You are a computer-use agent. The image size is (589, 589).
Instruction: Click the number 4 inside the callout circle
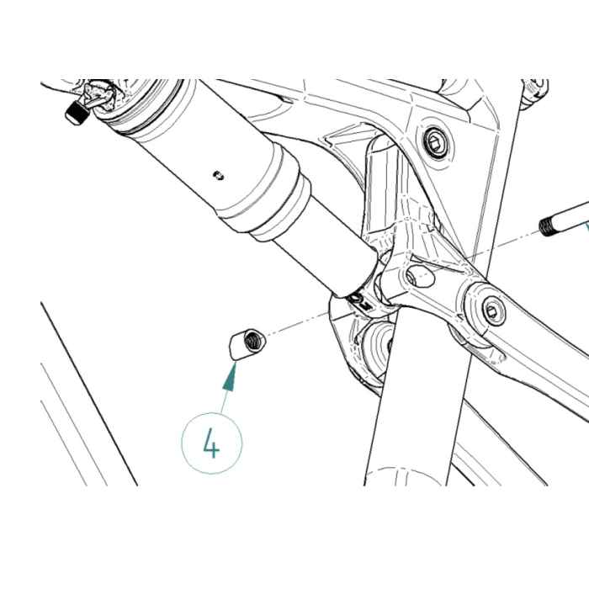coord(211,443)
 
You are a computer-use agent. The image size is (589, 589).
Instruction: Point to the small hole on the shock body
coord(218,175)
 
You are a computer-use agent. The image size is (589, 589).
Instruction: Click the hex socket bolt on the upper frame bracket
coord(436,143)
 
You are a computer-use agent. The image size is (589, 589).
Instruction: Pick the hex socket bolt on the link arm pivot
coord(492,310)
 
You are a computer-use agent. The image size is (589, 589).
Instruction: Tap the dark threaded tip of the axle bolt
coord(547,227)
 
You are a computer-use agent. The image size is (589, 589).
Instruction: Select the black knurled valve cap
coord(77,113)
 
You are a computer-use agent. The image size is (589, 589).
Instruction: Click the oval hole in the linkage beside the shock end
coord(420,277)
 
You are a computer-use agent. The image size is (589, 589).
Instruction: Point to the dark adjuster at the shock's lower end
coord(357,300)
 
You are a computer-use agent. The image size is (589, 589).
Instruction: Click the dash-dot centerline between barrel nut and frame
coord(297,323)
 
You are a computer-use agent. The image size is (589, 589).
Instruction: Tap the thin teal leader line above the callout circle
coord(225,402)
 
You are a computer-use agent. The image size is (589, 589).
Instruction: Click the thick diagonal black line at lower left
coord(89,394)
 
